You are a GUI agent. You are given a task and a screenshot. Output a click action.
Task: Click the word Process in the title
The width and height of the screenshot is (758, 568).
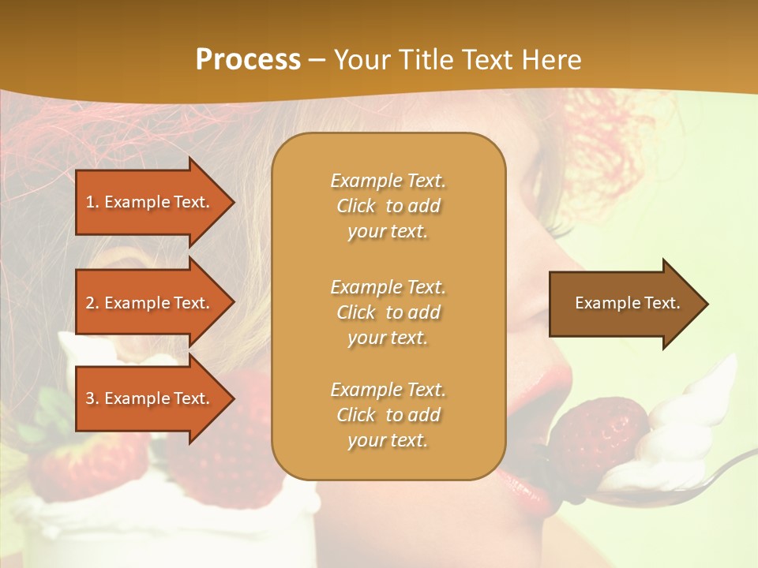coord(248,60)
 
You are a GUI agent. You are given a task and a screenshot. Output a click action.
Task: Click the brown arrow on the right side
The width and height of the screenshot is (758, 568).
coord(624,303)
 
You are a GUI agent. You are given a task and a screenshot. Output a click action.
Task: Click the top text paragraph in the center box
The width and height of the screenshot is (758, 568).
coord(388,206)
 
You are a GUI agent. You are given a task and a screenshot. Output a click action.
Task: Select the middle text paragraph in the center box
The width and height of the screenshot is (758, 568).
coord(388,312)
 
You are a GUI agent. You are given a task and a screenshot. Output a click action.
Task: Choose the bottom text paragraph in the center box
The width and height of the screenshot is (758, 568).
coord(388,415)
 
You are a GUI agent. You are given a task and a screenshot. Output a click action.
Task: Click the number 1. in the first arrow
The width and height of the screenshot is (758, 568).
coord(92,202)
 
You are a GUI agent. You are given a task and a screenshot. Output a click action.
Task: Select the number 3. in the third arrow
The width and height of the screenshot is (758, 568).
coord(92,398)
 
